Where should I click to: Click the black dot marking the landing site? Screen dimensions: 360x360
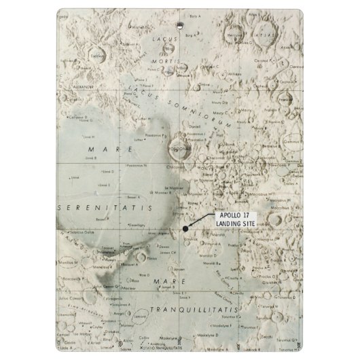click(x=185, y=228)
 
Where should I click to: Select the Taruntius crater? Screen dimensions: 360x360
click(x=312, y=339)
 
